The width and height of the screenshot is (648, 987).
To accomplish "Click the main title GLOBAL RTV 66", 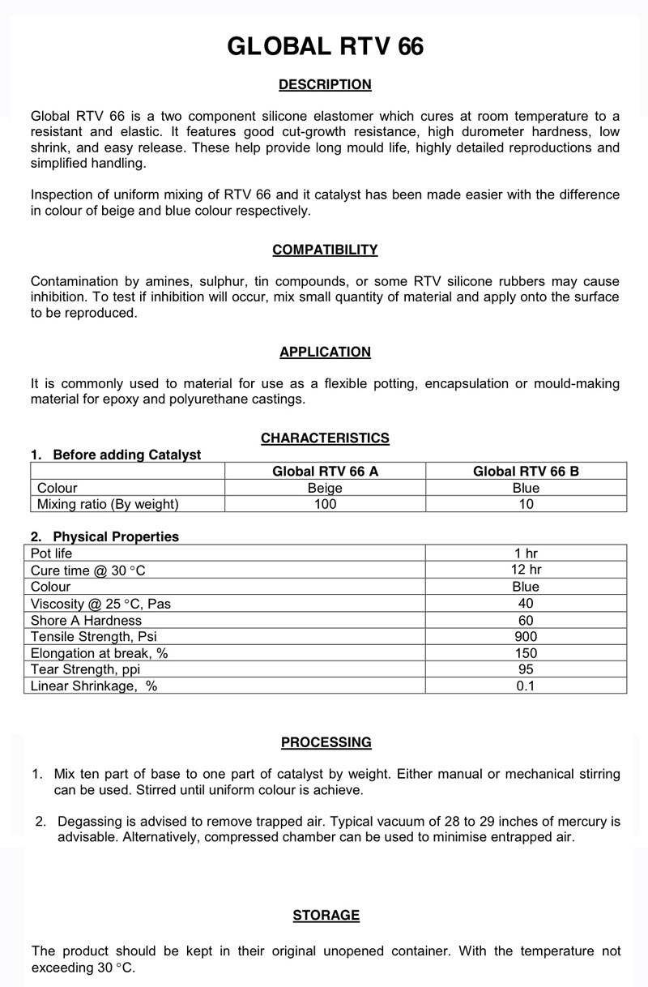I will (325, 47).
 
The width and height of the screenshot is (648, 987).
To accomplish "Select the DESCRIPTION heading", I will (325, 84).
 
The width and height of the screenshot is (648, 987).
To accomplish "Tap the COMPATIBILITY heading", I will (325, 250).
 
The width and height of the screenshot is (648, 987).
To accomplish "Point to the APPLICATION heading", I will (325, 352).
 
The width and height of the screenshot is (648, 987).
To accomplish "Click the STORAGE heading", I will (326, 915).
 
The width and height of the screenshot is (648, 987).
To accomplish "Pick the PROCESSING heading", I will (326, 742).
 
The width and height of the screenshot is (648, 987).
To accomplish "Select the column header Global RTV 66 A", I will (325, 471).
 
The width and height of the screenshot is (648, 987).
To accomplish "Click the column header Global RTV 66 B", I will (526, 471).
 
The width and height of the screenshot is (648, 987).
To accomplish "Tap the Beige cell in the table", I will (325, 488).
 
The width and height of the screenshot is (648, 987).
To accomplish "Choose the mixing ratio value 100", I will (325, 504).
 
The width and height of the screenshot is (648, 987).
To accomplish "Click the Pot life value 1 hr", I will (526, 553).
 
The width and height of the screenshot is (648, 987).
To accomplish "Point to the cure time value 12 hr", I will (526, 570).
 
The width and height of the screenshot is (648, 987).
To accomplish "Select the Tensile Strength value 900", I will (526, 636).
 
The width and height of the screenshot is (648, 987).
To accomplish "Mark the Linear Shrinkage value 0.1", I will (526, 686).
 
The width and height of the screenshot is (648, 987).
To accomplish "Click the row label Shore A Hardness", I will (86, 620).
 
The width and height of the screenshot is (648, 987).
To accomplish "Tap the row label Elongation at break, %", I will (99, 653).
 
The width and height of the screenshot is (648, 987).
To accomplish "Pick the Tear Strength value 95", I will (526, 669).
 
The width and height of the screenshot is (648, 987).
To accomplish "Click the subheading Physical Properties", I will (115, 536).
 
